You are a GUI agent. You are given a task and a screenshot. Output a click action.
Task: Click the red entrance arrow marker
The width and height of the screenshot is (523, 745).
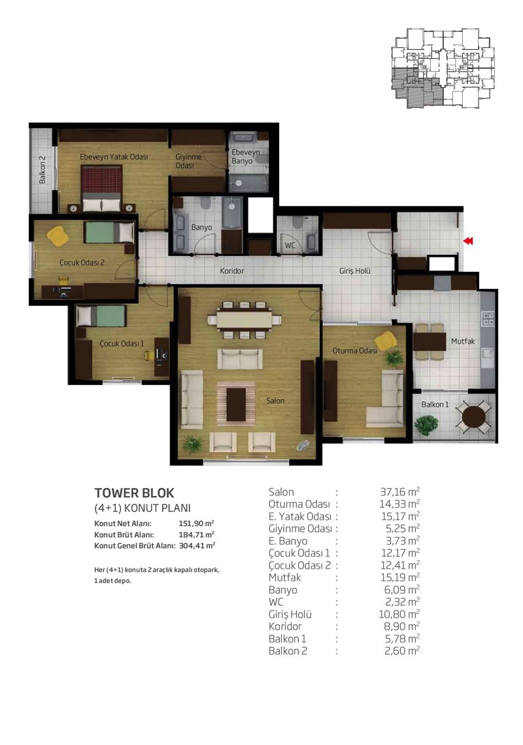pyautogui.click(x=468, y=241)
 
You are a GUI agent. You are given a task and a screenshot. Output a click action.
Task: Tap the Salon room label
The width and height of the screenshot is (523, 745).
pyautogui.click(x=275, y=401)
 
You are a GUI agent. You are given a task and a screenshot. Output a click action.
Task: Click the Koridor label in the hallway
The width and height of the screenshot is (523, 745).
pyautogui.click(x=232, y=271)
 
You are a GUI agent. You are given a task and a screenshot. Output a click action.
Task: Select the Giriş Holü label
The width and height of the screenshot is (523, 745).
pyautogui.click(x=355, y=271)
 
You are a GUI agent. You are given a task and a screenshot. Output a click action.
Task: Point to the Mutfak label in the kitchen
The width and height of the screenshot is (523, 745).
pyautogui.click(x=463, y=341)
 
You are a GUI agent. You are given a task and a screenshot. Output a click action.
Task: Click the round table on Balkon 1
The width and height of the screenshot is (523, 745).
pyautogui.click(x=473, y=417)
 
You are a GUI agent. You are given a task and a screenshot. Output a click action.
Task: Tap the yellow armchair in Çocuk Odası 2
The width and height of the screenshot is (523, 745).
pyautogui.click(x=58, y=236)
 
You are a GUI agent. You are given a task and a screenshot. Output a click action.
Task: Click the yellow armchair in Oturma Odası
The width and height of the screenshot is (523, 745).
pyautogui.click(x=386, y=340)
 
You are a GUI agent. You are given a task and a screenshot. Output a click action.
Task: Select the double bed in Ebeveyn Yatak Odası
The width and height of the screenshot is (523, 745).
pyautogui.click(x=101, y=188)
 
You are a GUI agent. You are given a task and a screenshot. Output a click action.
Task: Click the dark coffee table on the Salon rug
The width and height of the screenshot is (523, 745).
pyautogui.click(x=236, y=405)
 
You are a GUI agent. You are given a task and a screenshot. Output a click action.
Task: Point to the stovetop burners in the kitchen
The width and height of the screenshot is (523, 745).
pyautogui.click(x=488, y=318)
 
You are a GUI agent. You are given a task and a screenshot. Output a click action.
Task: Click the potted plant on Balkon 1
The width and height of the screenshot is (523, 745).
pyautogui.click(x=426, y=424)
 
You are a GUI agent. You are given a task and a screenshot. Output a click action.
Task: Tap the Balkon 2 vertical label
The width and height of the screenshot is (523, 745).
pyautogui.click(x=42, y=170)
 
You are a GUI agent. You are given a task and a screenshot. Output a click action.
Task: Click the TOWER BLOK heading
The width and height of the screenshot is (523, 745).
pyautogui.click(x=135, y=493)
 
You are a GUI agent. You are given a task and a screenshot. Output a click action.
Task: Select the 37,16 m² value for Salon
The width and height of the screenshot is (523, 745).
pyautogui.click(x=400, y=491)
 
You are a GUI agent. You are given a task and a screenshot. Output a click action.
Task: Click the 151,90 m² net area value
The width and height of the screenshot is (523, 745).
pyautogui.click(x=196, y=523)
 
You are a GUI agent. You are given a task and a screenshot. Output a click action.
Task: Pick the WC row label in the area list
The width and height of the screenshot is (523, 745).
pyautogui.click(x=276, y=602)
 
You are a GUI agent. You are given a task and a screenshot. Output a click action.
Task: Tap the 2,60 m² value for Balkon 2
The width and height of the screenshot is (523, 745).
pyautogui.click(x=402, y=650)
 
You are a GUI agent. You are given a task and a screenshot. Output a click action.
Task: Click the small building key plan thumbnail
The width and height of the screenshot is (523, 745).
pyautogui.click(x=443, y=68)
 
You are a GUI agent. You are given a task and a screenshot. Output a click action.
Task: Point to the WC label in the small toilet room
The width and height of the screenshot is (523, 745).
pyautogui.click(x=290, y=245)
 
